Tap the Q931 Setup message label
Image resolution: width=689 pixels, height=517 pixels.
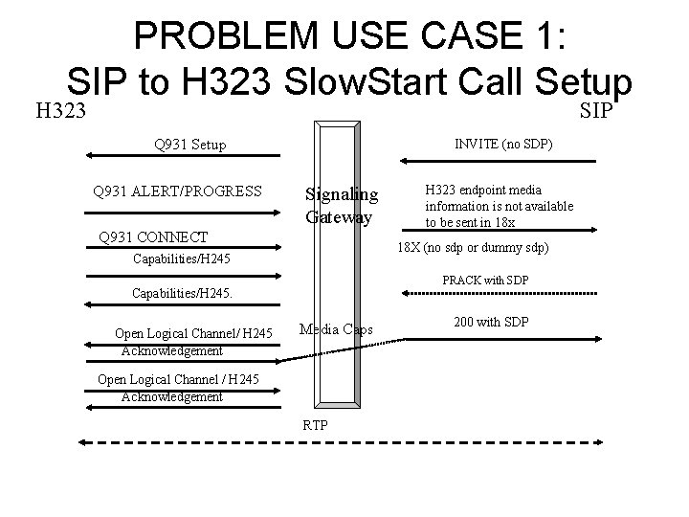coord(189,145)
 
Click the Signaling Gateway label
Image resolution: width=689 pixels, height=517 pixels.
coord(342,206)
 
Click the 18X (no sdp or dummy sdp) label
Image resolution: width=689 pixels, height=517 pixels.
coord(473,247)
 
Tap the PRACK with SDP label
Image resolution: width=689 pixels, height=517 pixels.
coord(485,280)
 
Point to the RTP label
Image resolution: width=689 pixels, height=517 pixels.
coord(315,424)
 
